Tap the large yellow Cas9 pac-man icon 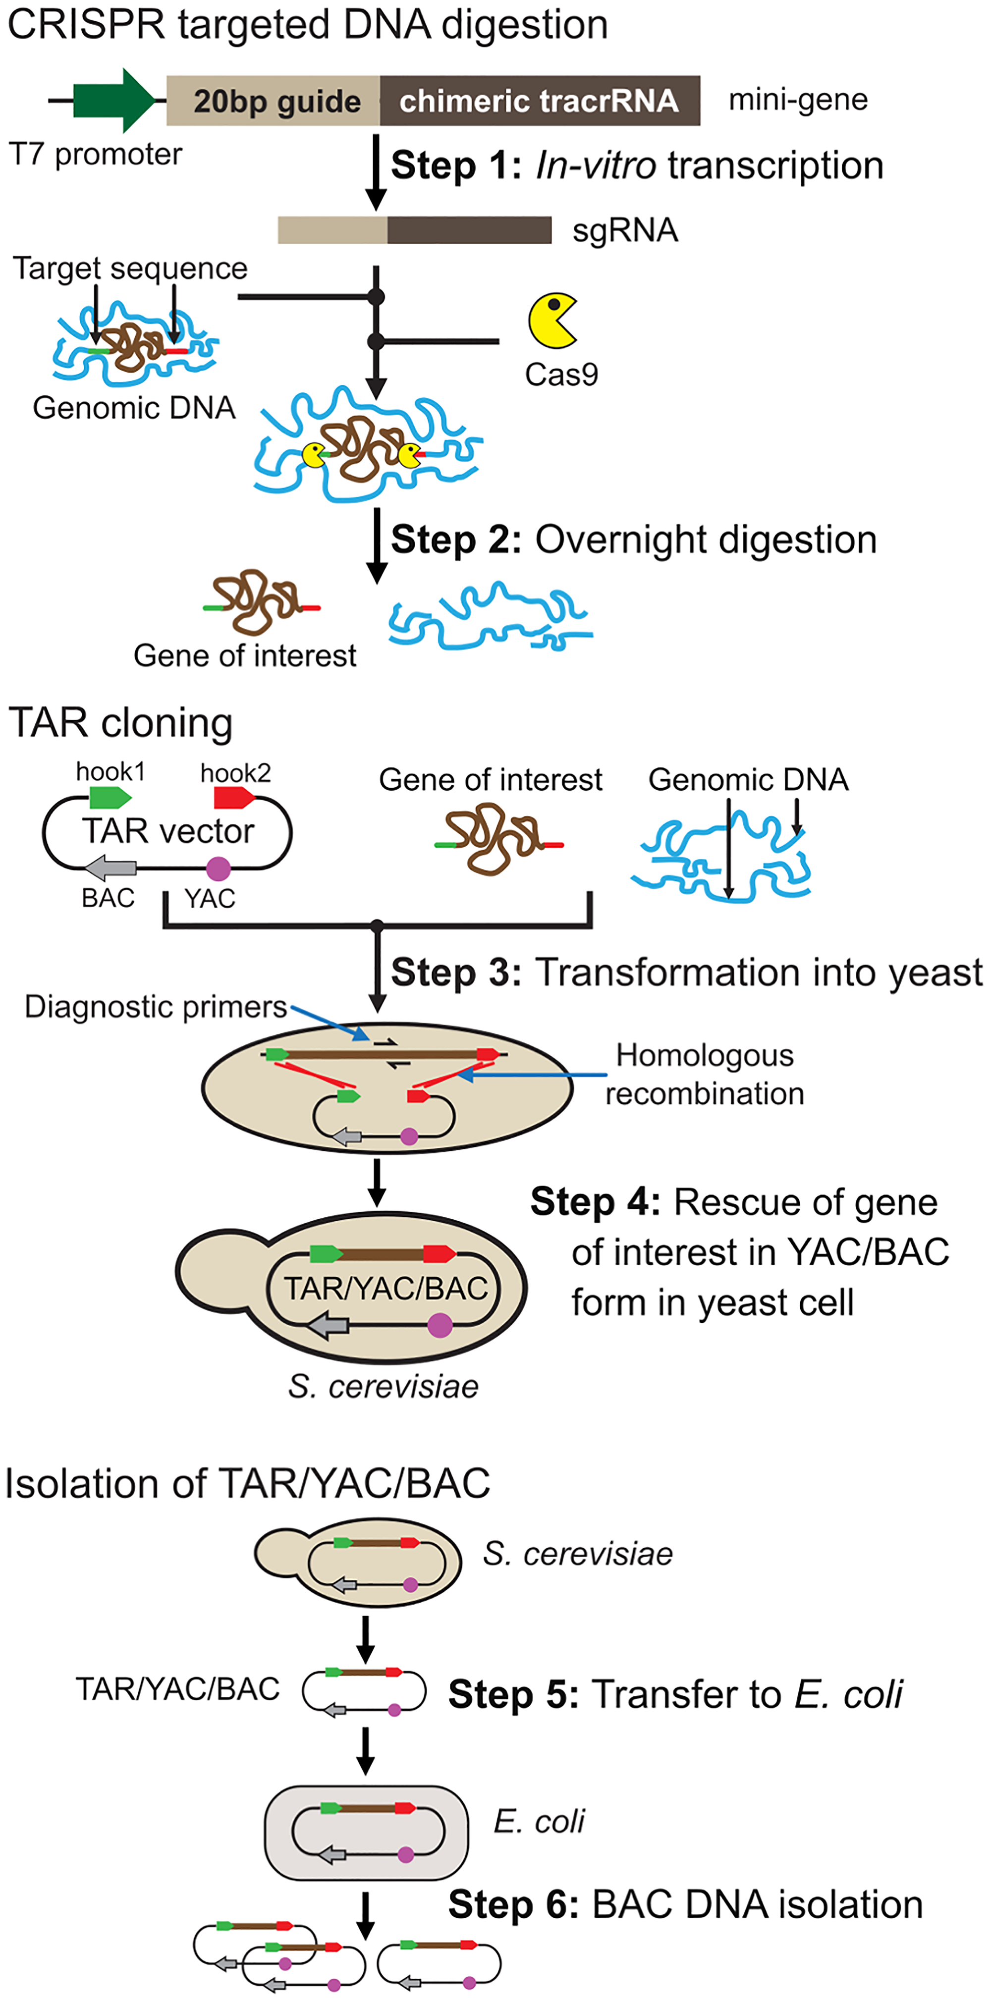(551, 320)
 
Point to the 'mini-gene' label (797, 100)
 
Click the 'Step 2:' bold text (455, 540)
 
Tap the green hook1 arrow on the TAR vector (110, 797)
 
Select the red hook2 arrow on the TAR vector (234, 797)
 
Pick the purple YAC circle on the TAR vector (219, 868)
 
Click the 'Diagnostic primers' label (156, 1006)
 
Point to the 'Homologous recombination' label (704, 1074)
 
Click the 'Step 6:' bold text (513, 1905)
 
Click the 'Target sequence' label (130, 268)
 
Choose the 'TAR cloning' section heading (120, 723)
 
